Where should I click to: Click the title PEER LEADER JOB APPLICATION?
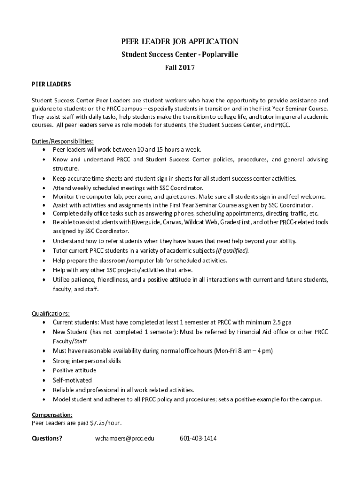tap(180, 41)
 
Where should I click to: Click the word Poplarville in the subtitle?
tap(220, 54)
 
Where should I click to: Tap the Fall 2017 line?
tap(180, 68)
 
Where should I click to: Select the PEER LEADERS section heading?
tap(51, 85)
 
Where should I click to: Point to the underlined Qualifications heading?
tap(50, 313)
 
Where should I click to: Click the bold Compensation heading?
tap(52, 415)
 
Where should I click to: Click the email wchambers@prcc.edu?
tap(125, 439)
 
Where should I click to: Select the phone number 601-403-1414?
tap(198, 439)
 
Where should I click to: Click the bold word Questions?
tap(47, 439)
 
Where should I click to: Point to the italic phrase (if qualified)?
tap(232, 251)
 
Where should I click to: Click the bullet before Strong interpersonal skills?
tap(43, 361)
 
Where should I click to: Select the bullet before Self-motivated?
tap(43, 380)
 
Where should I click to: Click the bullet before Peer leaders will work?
tap(43, 150)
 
